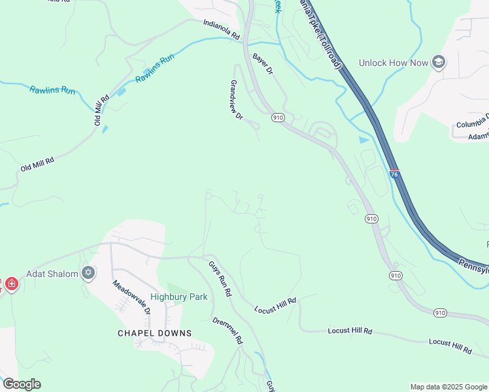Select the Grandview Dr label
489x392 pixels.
pos(236,99)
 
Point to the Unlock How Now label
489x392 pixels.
pos(393,63)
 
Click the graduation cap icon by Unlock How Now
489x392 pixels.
pos(438,63)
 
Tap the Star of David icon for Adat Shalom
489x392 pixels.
pos(88,274)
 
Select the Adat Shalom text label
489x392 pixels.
pos(52,274)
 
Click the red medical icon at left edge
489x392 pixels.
pos(11,284)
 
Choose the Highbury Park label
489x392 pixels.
pos(179,297)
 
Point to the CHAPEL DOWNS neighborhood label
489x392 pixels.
pos(155,333)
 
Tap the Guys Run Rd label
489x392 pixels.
pos(220,279)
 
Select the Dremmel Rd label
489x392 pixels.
pos(228,331)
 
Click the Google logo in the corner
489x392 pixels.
pos(22,384)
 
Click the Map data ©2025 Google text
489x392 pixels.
pos(448,387)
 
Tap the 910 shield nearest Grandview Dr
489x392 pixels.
pos(278,118)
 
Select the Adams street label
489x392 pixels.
pos(478,137)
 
